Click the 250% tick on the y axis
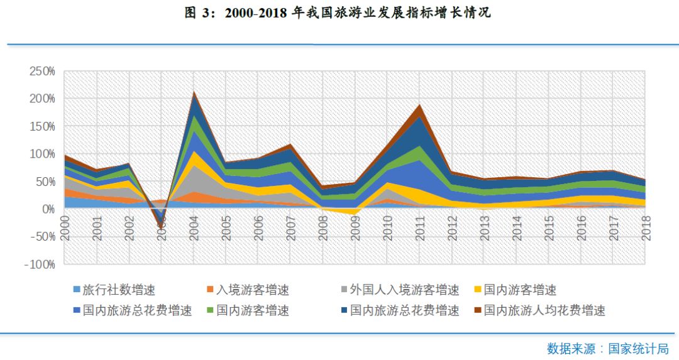(42, 71)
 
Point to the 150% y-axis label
(42, 126)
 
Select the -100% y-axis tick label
(40, 264)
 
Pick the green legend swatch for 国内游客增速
(210, 310)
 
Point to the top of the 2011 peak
(418, 104)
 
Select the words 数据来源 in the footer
(570, 348)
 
